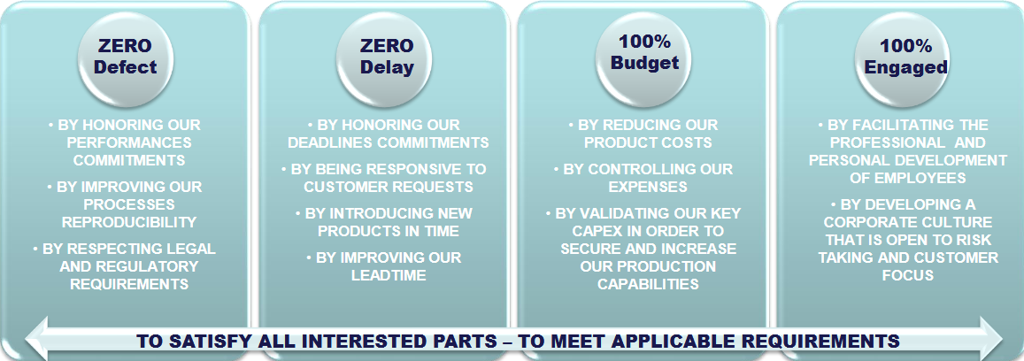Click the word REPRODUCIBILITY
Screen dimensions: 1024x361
point(129,222)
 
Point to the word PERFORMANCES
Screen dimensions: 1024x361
point(129,142)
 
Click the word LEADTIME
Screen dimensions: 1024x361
point(389,275)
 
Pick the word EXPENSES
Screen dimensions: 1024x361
point(648,187)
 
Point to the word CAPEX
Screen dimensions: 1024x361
point(595,231)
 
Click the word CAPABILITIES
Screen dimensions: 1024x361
point(648,284)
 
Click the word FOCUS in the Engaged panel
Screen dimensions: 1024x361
point(908,275)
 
